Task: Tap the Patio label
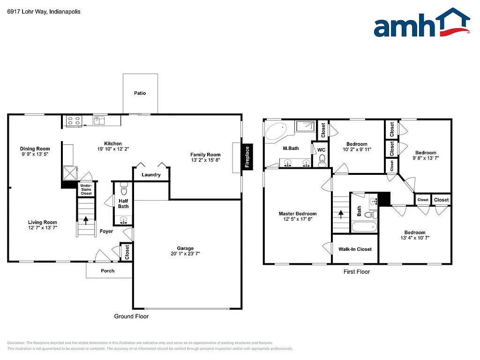(140, 93)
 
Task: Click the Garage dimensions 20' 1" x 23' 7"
(185, 254)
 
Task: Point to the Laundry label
(151, 175)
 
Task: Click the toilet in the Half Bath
(124, 189)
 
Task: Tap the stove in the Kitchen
(74, 121)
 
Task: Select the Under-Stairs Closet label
(86, 189)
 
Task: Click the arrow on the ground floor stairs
(86, 219)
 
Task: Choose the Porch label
(108, 270)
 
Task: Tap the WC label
(321, 150)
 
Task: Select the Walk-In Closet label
(355, 249)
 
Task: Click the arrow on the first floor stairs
(340, 214)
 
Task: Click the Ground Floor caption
(131, 316)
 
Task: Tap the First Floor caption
(357, 271)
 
